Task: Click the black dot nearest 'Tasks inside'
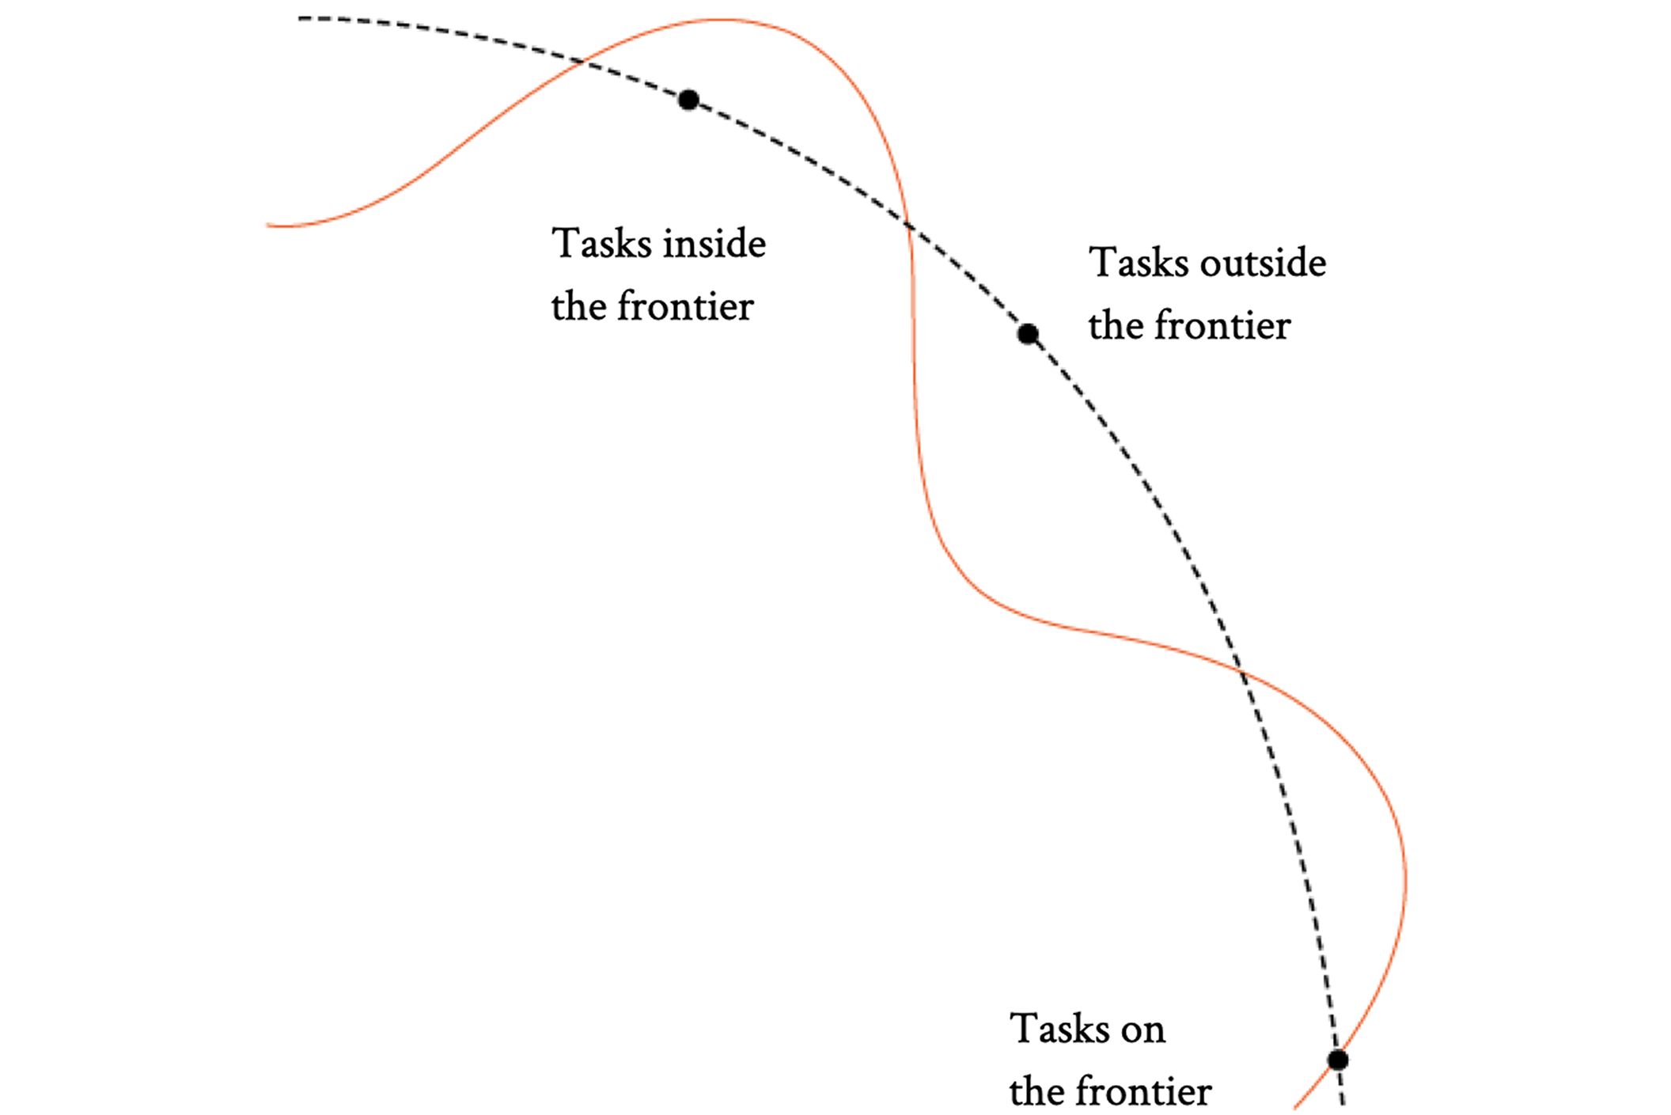688,100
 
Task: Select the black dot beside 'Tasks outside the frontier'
1027,334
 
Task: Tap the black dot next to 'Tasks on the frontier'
1337,1060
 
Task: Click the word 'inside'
714,243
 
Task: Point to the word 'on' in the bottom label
1142,1030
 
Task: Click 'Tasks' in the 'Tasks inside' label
602,243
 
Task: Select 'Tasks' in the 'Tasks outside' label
1139,263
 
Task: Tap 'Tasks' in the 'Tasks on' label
1060,1030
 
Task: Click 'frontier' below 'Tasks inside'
685,307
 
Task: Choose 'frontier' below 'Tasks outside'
1222,326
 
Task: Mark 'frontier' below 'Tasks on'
1143,1092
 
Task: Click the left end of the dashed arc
301,18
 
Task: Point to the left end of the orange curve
267,226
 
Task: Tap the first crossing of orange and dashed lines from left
583,61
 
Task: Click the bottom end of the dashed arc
1343,1104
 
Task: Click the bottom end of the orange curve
1295,1107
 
